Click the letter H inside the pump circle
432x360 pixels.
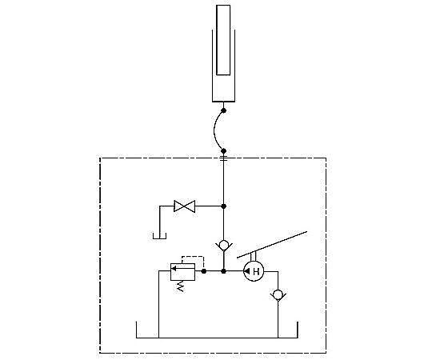256,271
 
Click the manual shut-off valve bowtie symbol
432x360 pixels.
184,206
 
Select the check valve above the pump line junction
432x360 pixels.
224,246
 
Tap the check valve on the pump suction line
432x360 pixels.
278,295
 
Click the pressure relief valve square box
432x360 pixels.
182,272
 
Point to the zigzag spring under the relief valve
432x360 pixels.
181,286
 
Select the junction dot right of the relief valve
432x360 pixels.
204,271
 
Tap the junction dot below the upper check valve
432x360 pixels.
224,271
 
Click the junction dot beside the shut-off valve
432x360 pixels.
224,206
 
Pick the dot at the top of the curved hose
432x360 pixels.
224,110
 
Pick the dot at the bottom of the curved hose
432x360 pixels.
224,151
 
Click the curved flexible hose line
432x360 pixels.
214,131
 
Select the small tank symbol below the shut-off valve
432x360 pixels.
159,236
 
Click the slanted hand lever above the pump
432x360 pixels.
272,245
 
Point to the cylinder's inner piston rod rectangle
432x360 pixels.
223,40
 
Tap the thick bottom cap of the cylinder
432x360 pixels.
223,102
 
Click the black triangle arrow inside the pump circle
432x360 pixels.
247,271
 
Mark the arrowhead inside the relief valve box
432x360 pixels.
174,268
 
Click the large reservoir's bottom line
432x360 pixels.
217,338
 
